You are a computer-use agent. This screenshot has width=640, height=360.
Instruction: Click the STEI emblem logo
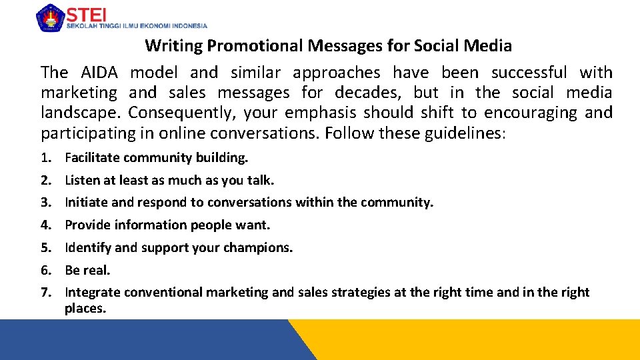pos(50,17)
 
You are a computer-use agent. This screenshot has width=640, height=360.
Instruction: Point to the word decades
pos(367,93)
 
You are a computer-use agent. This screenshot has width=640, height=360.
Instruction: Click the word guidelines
pos(472,133)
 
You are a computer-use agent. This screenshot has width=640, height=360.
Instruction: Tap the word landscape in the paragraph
pos(81,113)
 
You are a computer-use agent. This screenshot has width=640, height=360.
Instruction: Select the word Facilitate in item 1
pos(92,158)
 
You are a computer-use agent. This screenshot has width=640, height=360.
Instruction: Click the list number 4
pos(45,225)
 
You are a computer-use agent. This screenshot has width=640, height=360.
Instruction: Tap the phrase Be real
pos(87,270)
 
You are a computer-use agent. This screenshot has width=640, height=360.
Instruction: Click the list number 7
pos(45,292)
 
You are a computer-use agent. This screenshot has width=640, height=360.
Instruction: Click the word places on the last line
pos(85,308)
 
